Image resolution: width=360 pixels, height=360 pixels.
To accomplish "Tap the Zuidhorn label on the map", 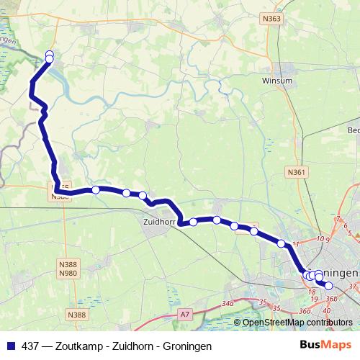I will coord(161,223).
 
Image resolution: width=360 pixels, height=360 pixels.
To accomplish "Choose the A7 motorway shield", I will coord(185,314).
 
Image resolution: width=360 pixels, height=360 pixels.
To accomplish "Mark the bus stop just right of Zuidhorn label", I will coord(193,222).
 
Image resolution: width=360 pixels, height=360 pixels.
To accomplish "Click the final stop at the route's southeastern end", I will coord(329,285).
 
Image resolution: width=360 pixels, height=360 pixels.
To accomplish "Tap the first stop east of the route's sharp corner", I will coord(95,189).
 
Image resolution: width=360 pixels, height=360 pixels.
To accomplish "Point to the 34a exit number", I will coord(228,305).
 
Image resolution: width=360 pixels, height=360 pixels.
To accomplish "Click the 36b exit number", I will coord(331,299).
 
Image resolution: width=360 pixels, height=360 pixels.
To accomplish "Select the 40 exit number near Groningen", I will coord(327,310).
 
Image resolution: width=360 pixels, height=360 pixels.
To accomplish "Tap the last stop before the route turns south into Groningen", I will coord(282,243).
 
